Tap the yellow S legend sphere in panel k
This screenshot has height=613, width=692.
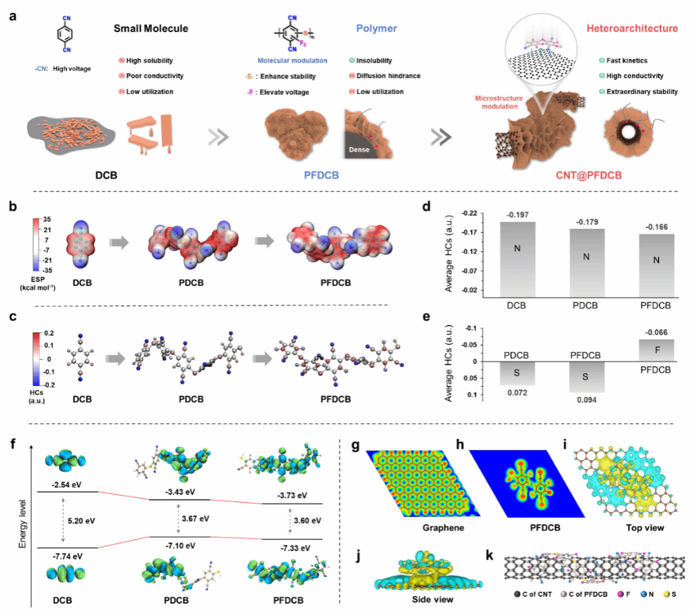(x=666, y=594)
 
